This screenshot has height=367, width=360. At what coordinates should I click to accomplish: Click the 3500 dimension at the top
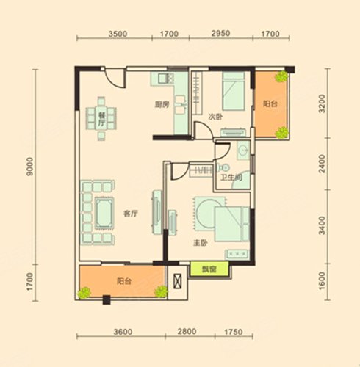point(118,34)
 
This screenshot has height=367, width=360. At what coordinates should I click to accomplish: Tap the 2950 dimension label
point(220,33)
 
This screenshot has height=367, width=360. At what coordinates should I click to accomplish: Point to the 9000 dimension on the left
point(30,167)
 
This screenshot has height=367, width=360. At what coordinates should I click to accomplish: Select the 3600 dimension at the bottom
point(123,332)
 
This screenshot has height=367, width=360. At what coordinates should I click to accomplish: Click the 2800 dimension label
point(187,332)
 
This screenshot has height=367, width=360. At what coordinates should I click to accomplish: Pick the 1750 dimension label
point(234,332)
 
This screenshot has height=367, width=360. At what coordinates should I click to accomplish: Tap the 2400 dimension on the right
point(323,164)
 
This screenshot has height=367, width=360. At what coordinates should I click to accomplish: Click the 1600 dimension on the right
point(323,280)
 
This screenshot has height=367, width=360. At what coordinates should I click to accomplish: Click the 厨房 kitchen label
point(162,105)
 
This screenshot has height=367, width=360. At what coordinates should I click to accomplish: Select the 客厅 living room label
point(131,214)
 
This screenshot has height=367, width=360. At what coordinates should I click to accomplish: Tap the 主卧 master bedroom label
point(201,243)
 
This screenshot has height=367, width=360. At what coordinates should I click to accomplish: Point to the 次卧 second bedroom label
point(215,117)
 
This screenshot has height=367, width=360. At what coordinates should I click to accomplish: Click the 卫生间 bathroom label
point(231,177)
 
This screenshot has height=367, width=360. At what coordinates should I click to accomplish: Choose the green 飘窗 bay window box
point(209,269)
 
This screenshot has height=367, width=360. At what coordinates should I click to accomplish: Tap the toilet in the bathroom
point(223,168)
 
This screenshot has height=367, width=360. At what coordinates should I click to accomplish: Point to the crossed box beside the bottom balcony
point(177,281)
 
